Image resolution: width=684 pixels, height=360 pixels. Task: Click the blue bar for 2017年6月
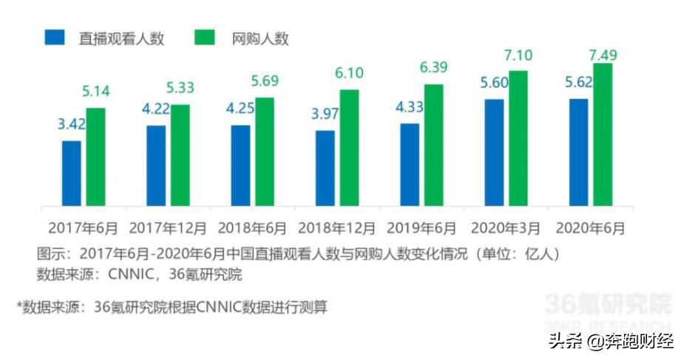(x=72, y=173)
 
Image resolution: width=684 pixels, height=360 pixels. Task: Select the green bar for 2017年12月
(x=180, y=155)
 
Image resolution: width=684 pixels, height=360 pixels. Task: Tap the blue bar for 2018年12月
(x=325, y=169)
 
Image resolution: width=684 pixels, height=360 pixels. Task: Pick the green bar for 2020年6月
(x=603, y=135)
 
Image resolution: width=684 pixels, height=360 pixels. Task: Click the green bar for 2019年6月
(x=433, y=145)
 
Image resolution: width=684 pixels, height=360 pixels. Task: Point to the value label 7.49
(x=603, y=54)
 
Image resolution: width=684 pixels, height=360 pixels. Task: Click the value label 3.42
(x=72, y=123)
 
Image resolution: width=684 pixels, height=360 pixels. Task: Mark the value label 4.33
(x=409, y=107)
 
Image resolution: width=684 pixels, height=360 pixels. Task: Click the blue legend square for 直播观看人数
(x=55, y=38)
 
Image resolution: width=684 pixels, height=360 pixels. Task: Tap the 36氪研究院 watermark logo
(x=608, y=305)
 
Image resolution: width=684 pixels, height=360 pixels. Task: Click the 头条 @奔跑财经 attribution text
(x=611, y=341)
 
